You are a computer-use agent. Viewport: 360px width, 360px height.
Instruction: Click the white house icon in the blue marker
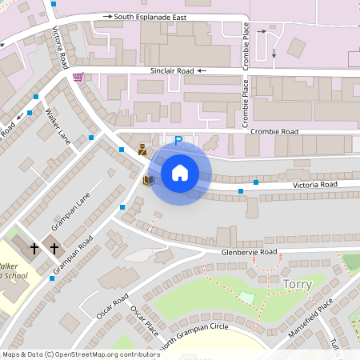coord(179,173)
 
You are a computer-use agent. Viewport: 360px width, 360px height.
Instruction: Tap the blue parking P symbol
coord(178,141)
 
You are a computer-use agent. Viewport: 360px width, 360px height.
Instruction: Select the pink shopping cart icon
coord(78,77)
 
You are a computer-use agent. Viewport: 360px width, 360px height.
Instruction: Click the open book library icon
coord(147,181)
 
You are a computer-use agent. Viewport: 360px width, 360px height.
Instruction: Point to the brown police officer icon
coord(142,149)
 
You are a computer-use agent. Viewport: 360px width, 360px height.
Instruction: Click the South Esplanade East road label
coord(162,16)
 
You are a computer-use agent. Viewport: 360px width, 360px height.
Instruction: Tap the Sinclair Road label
coord(172,71)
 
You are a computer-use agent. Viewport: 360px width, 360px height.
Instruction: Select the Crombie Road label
coord(274,131)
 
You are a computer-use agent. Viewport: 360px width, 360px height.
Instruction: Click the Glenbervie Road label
coord(250,252)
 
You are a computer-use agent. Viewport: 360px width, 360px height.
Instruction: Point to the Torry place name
coord(297,284)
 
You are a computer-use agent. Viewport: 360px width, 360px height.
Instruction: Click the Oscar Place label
coord(145,321)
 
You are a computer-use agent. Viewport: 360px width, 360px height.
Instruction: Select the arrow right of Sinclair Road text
coord(202,71)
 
